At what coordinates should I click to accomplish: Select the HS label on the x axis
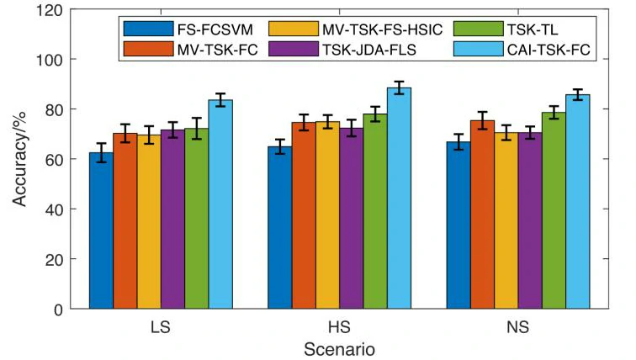coord(338,326)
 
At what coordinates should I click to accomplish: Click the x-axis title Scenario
coord(338,347)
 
